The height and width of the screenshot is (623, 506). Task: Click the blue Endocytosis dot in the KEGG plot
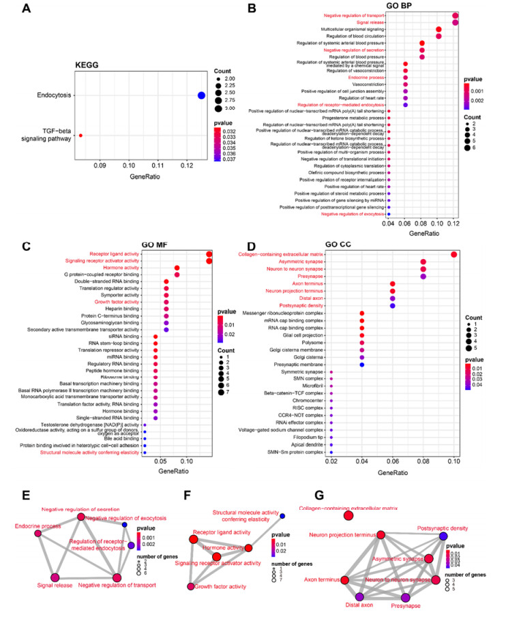[x=201, y=95]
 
